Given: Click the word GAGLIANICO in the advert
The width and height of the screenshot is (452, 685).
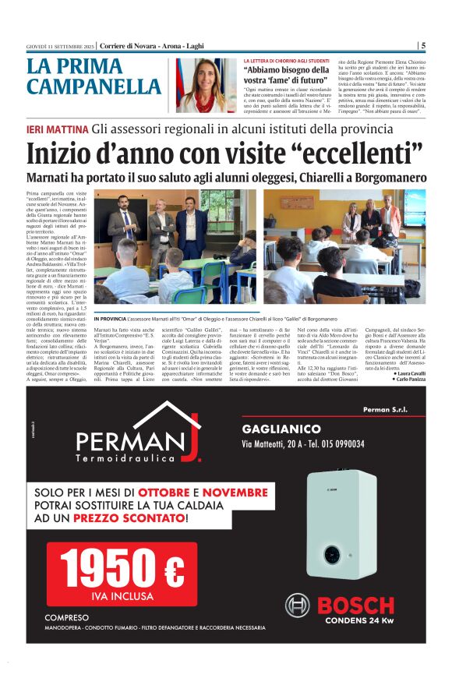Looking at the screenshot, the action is [x=281, y=429].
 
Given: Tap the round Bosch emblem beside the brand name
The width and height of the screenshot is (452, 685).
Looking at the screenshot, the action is [x=297, y=606].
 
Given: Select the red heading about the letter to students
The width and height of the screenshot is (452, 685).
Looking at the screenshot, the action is [x=286, y=60].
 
